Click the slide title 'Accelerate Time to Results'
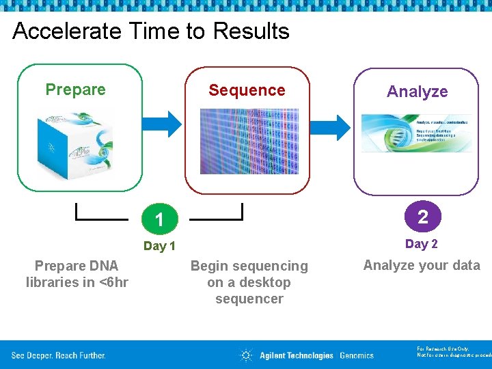coord(151,31)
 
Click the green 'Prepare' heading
coord(75,90)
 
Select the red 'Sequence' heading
coord(247,90)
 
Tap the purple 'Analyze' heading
coord(417,92)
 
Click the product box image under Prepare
coord(74,141)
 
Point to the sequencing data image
coord(249,141)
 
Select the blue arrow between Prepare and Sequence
coord(164,124)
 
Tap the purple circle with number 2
coord(422,217)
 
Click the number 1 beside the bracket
coord(159,220)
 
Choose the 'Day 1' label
coord(159,246)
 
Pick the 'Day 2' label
coord(422,244)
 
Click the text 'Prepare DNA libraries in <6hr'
coord(77,274)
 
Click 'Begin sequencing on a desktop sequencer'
coord(249,282)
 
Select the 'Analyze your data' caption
coord(422,265)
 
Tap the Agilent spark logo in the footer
coord(246,355)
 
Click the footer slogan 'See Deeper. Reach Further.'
coord(58,355)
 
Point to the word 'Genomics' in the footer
coord(357,355)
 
